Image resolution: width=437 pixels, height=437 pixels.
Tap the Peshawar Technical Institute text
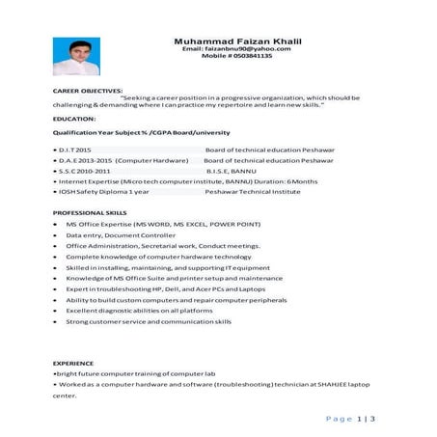[246, 190]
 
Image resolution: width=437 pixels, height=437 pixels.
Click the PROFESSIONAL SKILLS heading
[89, 211]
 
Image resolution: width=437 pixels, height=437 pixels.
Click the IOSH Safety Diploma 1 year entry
[102, 190]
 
